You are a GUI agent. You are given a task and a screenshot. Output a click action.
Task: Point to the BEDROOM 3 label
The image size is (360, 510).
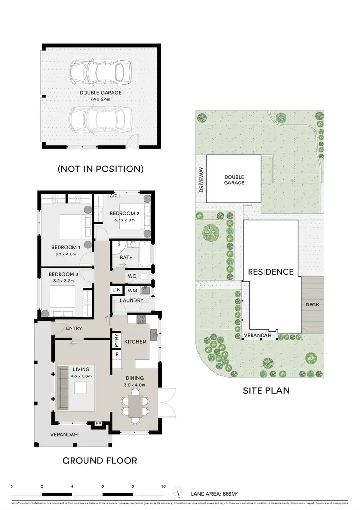coord(64,275)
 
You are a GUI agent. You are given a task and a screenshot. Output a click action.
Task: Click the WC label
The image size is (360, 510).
coord(132,276)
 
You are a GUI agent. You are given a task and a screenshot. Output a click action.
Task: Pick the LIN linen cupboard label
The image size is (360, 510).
coord(117,290)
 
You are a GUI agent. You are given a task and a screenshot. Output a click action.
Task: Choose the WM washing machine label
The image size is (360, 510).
coord(132,290)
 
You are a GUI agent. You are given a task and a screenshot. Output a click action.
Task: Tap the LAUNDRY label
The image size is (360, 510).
coord(132,301)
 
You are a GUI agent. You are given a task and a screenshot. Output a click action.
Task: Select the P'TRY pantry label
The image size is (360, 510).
coord(116,340)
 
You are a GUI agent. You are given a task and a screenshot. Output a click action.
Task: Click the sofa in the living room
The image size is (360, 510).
coord(62,384)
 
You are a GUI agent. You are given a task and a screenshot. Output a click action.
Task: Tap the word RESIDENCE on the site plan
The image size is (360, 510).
coord(271,272)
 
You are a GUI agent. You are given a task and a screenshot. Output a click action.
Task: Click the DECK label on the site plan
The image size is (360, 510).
coord(312,304)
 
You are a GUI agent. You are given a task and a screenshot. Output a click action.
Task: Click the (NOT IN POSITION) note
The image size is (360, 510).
coord(100,169)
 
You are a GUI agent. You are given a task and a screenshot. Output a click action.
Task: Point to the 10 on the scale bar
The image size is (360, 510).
coord(164,486)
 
